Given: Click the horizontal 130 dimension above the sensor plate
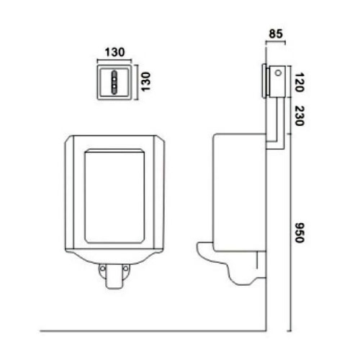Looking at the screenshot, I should pos(115,51).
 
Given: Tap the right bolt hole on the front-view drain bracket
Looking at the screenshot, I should pos(126,270).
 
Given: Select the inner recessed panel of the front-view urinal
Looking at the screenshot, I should pos(115,194).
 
